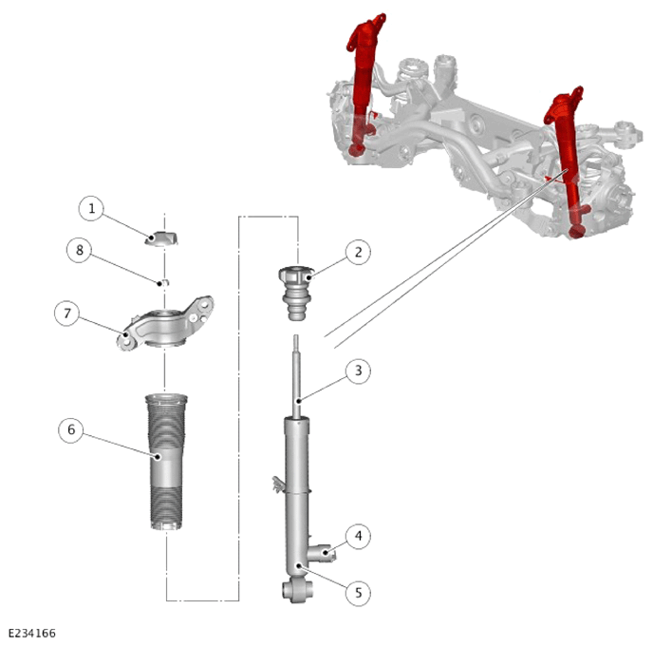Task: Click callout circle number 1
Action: coord(91,209)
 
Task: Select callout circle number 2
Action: coord(358,252)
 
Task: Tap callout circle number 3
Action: coord(358,371)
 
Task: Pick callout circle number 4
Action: coord(358,536)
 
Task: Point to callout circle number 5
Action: coord(358,593)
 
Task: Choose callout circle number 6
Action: coord(71,429)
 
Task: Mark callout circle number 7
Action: coord(67,314)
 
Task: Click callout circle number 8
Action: coord(79,250)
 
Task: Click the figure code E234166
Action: coord(32,634)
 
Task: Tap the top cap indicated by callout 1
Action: coord(162,238)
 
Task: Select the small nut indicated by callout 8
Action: coord(164,282)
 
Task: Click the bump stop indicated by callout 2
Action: coord(296,293)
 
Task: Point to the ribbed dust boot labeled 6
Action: coord(166,462)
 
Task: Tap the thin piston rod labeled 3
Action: coord(296,376)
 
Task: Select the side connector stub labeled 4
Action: coord(323,553)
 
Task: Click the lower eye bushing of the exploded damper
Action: coord(297,591)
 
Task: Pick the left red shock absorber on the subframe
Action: coord(364,84)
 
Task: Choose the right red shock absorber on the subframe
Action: coord(568,162)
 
